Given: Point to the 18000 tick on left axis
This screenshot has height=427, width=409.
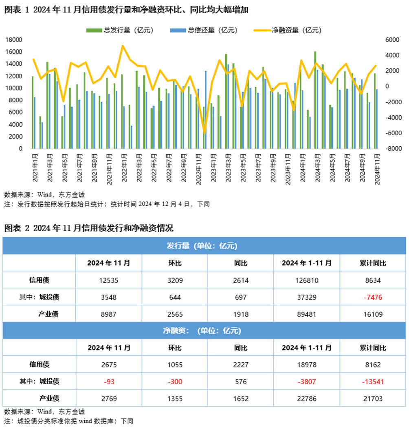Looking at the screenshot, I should [x=15, y=40].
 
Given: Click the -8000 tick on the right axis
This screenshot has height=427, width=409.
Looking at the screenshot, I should [x=392, y=149].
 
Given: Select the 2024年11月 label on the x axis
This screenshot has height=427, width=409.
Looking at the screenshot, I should [x=377, y=168].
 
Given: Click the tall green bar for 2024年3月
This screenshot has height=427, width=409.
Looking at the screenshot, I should [x=315, y=100].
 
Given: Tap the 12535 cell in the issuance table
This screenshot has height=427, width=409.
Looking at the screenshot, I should [x=109, y=280].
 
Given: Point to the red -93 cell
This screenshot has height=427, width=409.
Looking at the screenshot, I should [x=109, y=382].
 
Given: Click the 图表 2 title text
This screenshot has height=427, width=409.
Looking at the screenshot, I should [x=89, y=228].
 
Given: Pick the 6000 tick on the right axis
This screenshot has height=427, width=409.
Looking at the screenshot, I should [x=392, y=40].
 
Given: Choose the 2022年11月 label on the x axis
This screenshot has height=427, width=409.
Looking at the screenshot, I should [x=198, y=168].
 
